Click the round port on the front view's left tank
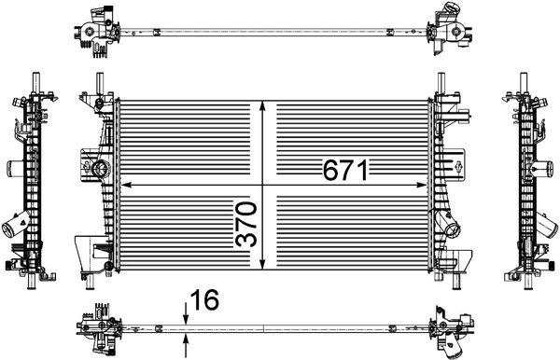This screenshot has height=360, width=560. pos(100,169)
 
